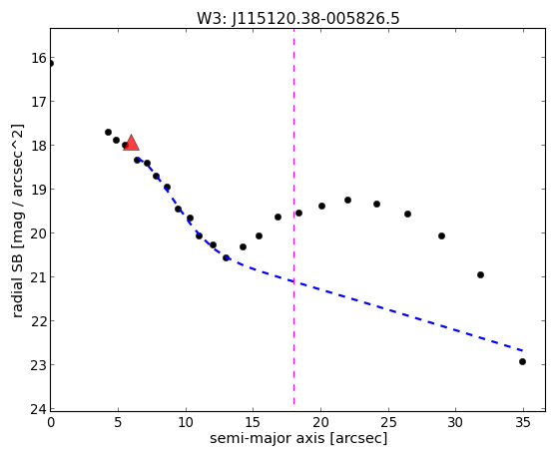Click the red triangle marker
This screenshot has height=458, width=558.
131,143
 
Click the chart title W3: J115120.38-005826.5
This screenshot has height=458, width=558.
298,18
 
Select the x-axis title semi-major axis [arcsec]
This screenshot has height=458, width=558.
298,438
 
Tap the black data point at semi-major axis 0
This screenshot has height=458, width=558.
51,63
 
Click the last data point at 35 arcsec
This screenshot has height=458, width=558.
522,361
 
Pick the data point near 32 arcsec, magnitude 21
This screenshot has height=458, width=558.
480,274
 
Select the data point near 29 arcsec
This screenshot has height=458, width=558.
441,235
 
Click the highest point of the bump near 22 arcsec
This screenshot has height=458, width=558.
347,200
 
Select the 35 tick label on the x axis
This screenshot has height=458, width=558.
523,422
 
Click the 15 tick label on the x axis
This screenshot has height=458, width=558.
253,422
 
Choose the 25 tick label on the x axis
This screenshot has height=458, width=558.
388,422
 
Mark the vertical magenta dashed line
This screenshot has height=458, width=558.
293,217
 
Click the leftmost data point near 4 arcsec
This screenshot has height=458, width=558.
108,132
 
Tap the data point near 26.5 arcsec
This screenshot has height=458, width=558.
408,214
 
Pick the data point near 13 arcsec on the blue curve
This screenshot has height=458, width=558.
226,257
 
